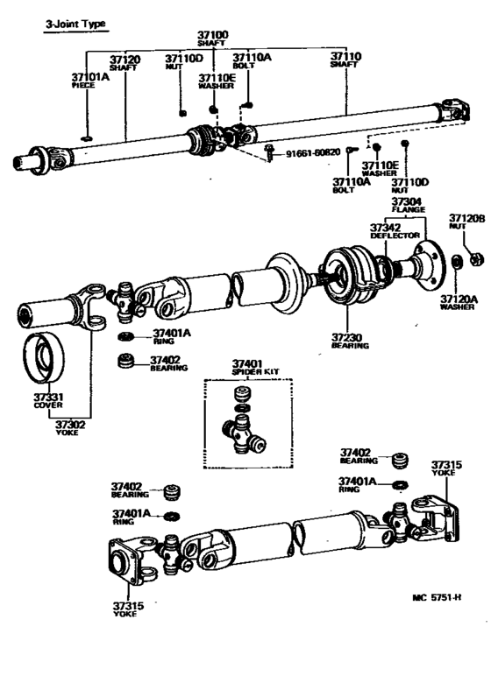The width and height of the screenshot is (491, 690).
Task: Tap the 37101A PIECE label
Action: pyautogui.click(x=89, y=81)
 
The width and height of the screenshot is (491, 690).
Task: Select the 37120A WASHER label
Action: pyautogui.click(x=459, y=302)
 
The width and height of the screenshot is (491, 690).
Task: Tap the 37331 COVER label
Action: pyautogui.click(x=48, y=401)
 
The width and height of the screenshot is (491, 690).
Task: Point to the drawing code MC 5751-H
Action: pyautogui.click(x=437, y=598)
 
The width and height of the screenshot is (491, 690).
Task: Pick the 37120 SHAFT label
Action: pyautogui.click(x=124, y=64)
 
